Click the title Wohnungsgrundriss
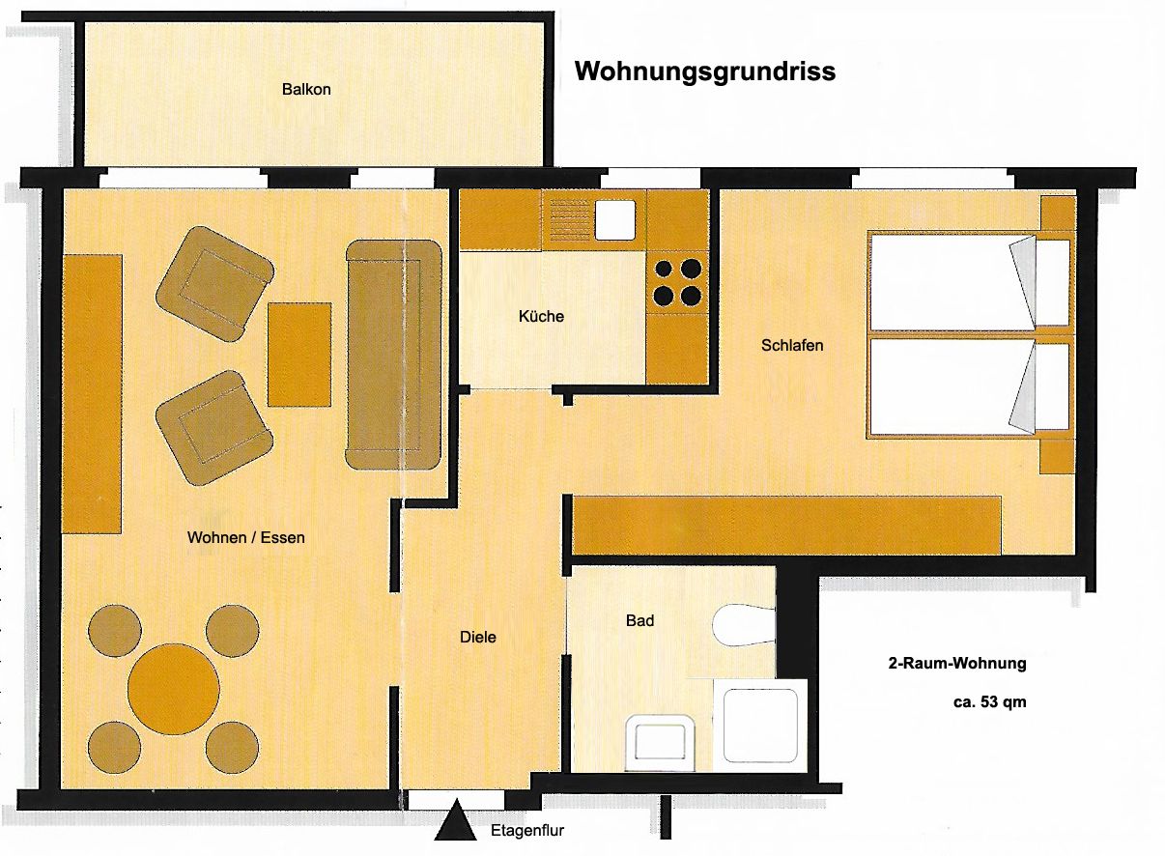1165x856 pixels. (705, 72)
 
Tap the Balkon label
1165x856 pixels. (306, 89)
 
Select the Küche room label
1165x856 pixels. (541, 316)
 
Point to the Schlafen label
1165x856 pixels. (792, 345)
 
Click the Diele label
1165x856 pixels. (478, 637)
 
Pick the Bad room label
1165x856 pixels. (639, 620)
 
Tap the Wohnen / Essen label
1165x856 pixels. (246, 537)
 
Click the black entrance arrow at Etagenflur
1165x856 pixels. (456, 820)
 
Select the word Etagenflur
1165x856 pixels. (527, 831)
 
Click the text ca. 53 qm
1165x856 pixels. (990, 702)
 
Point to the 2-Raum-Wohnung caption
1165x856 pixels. (957, 664)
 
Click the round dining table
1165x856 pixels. (174, 689)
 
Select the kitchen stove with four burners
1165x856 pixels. (677, 282)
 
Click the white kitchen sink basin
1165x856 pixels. (615, 220)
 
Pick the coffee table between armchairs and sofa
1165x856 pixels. (299, 355)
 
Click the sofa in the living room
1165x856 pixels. (394, 355)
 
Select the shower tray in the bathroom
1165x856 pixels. (760, 726)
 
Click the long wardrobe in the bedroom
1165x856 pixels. (787, 526)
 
